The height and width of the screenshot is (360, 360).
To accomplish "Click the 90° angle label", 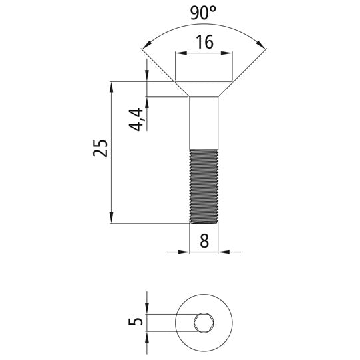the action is click(x=203, y=13).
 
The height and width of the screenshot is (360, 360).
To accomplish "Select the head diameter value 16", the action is click(x=204, y=42).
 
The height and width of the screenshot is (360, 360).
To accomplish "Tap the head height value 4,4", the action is click(x=136, y=120).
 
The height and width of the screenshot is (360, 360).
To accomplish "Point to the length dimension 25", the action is click(x=100, y=148).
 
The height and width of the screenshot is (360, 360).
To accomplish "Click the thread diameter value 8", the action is click(x=204, y=241).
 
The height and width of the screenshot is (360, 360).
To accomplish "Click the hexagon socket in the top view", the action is click(x=204, y=323).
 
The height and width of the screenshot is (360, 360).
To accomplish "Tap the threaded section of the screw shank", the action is click(x=204, y=186).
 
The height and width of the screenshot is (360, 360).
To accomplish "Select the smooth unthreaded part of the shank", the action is click(x=204, y=123).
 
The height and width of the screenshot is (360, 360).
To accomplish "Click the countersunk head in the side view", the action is click(x=204, y=89).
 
